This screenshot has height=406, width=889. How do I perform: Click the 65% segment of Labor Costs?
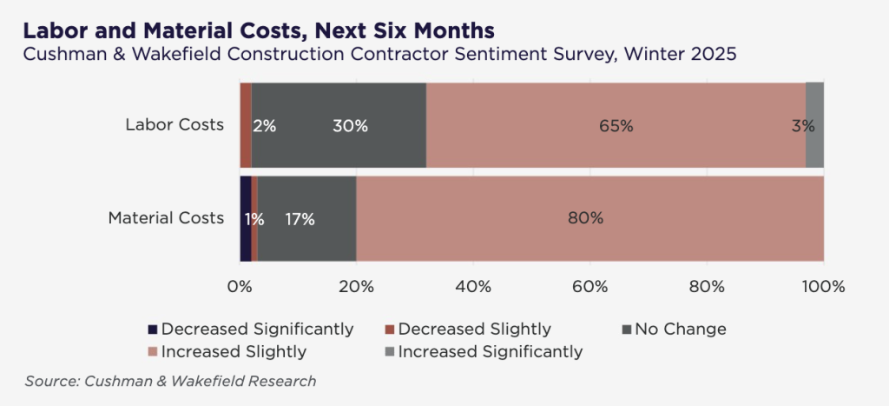[616, 125]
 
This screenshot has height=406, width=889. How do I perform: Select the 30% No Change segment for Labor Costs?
[339, 125]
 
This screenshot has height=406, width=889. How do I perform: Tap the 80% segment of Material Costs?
[589, 218]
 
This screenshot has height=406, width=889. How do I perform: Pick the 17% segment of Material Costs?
[307, 218]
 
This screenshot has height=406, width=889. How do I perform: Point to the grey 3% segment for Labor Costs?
[814, 125]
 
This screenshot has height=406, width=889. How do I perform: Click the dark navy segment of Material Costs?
[245, 218]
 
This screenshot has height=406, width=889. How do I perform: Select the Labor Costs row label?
[175, 125]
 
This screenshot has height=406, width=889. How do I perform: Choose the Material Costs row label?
[166, 218]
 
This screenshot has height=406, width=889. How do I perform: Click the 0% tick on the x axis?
[240, 286]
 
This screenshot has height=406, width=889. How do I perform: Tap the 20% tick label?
[356, 286]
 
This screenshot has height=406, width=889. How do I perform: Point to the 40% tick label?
[473, 286]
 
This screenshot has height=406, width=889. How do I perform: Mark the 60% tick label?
[589, 286]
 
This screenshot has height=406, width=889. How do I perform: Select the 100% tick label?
[823, 286]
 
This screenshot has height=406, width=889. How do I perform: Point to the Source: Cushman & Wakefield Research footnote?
[170, 381]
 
